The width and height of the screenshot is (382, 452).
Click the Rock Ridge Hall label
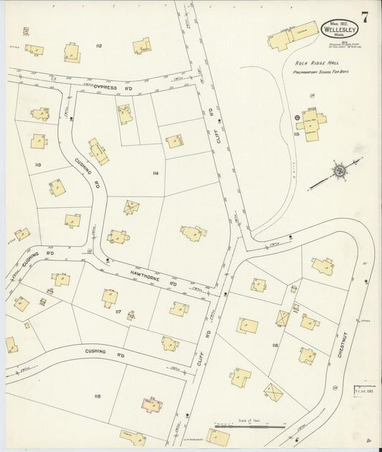(310, 62)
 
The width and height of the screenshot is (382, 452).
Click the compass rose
(338, 172)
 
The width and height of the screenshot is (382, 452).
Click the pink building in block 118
(151, 405)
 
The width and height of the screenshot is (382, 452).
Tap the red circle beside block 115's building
(296, 117)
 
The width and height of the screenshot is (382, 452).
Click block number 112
(98, 46)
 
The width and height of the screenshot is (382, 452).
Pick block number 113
(37, 165)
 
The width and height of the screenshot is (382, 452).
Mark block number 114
(154, 173)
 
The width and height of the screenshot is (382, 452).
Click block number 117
(118, 313)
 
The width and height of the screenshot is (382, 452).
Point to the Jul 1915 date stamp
(363, 390)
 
